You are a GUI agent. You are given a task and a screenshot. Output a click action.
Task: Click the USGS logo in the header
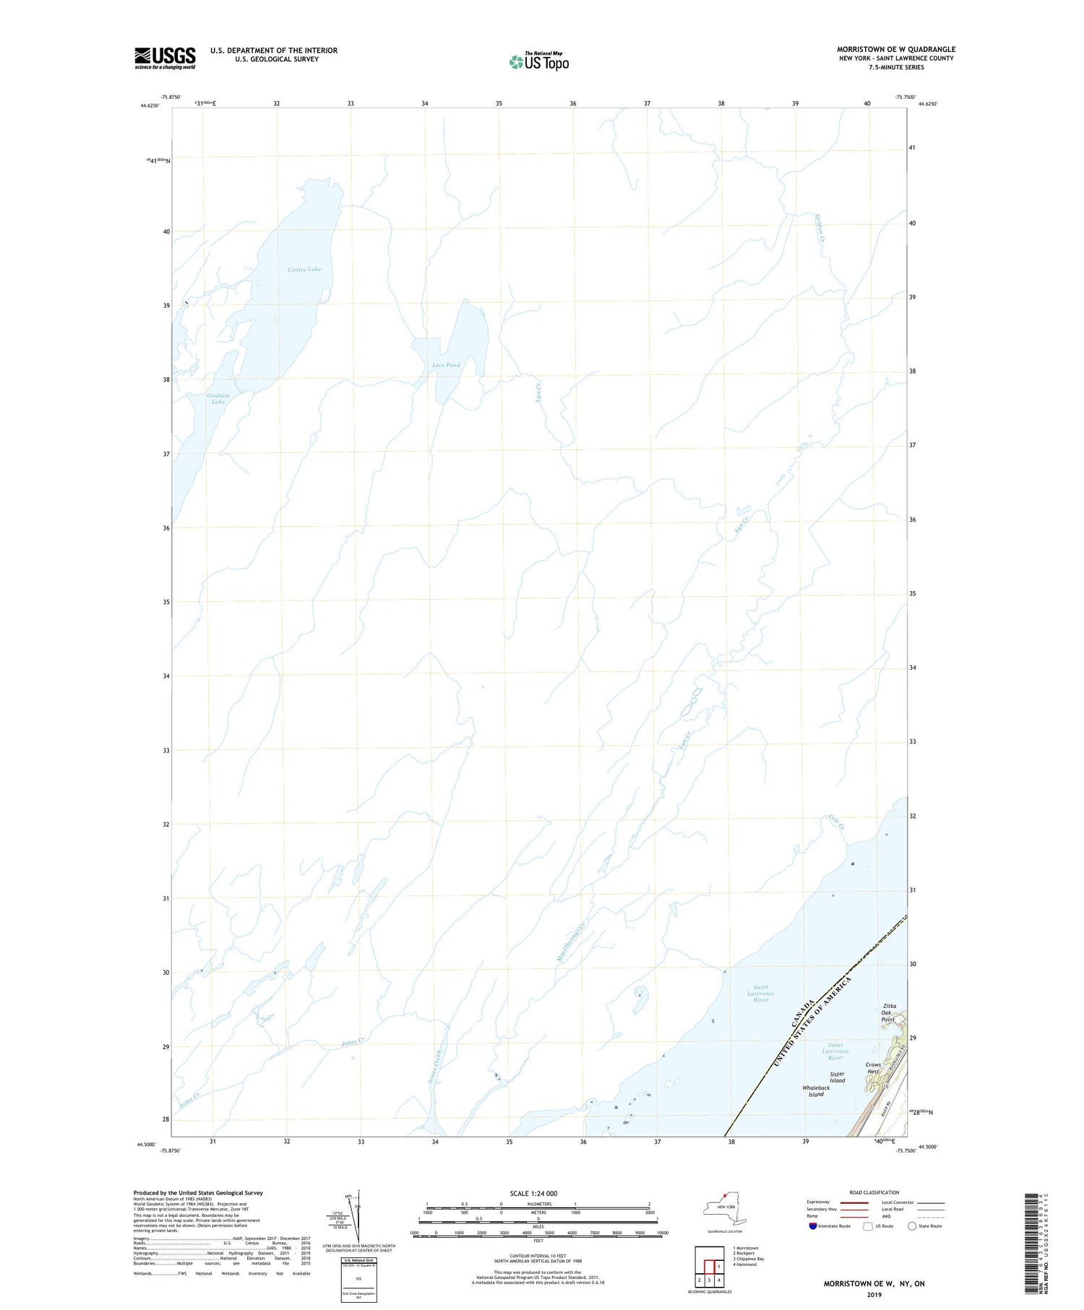point(165,58)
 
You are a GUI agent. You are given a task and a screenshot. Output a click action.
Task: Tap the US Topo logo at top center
point(538,62)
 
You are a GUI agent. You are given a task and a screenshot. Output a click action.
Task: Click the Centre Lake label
point(304,270)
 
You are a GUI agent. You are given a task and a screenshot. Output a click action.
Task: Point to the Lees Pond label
point(446,365)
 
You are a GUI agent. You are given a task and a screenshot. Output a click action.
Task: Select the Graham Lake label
point(218,399)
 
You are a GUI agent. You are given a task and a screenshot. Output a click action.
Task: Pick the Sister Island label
point(837,1077)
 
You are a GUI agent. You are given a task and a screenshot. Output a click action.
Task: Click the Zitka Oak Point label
point(889,1012)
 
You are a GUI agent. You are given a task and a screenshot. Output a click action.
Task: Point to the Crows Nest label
point(873,1069)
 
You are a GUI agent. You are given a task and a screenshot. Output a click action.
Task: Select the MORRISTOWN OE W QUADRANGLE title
point(896,49)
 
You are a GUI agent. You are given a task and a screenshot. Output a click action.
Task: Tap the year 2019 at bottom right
point(874,1295)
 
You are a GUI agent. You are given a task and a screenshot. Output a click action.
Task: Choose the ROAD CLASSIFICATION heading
point(874,1192)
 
